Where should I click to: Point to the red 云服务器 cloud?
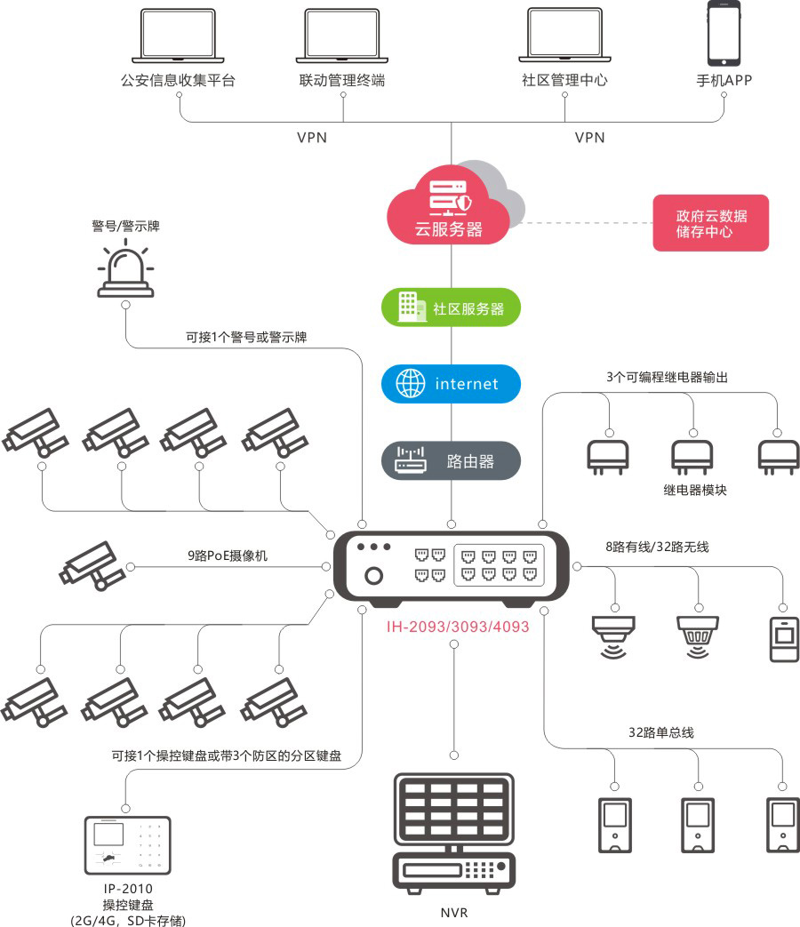449,210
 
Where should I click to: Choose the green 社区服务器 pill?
451,308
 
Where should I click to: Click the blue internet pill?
451,384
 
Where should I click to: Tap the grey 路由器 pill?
451,461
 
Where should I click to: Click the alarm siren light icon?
126,268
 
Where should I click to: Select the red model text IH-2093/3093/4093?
458,627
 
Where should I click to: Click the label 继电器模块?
695,490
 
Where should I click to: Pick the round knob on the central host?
374,576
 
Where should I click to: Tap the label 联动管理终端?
342,80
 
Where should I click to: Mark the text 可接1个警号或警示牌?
246,337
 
